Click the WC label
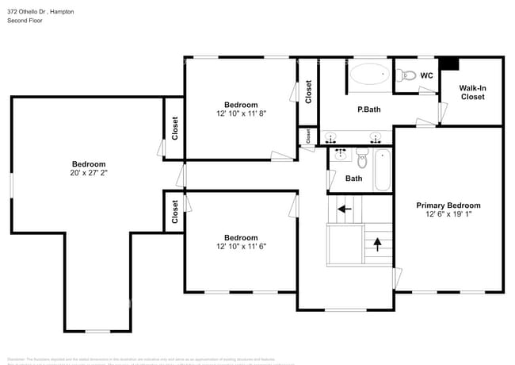pos(426,76)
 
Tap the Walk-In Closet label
pos(472,92)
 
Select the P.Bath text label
pos(370,109)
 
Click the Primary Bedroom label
pos(448,206)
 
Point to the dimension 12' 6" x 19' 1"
pos(448,214)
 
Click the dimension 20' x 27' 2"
pos(88,173)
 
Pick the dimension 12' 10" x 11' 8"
pos(240,113)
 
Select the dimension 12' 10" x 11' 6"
pos(240,246)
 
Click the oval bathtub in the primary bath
pos(369,76)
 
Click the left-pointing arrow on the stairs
pos(344,209)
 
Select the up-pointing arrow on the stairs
pos(377,243)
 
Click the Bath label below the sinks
pos(353,179)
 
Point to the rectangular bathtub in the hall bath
pos(382,170)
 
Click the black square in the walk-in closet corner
pos(449,63)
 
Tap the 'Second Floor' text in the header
pos(25,21)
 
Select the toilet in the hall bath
pos(361,159)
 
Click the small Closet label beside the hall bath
pos(307,136)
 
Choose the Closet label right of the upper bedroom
pos(308,91)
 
